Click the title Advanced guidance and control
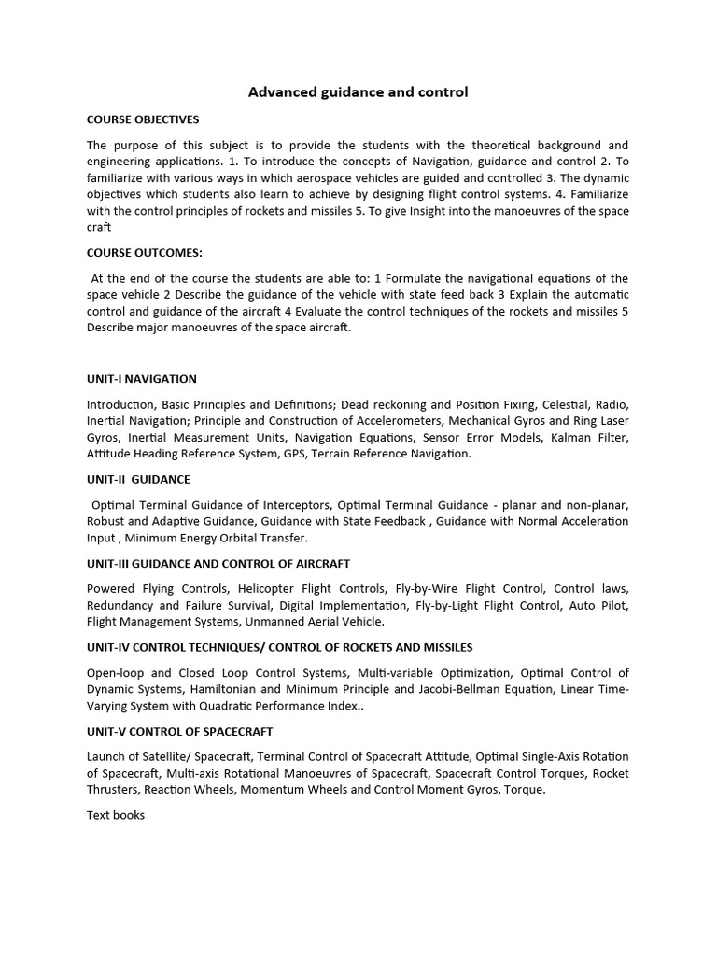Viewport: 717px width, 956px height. coord(358,92)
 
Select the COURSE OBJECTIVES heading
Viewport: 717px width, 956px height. coord(143,119)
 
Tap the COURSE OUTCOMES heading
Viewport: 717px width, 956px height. coord(145,253)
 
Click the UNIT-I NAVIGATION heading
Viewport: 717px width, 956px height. coord(142,379)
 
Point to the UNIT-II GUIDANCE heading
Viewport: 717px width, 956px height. coord(138,479)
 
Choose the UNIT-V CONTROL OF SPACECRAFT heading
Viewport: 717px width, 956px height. coord(179,732)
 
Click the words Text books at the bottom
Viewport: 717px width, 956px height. coord(116,815)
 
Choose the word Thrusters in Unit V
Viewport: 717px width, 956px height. coord(115,790)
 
